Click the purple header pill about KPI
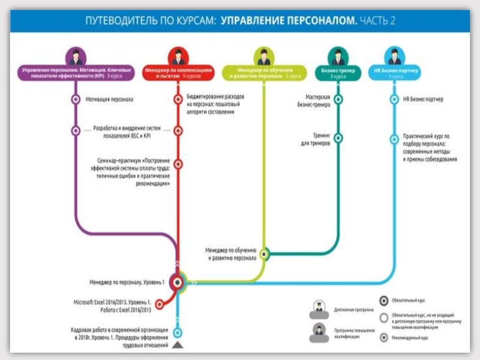[x=75, y=73]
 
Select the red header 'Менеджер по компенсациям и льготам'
[x=178, y=73]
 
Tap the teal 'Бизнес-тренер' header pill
[x=338, y=73]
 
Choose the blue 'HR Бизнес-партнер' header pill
[x=395, y=73]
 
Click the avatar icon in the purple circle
[x=76, y=56]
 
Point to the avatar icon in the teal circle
[x=338, y=56]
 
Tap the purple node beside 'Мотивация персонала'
[x=75, y=100]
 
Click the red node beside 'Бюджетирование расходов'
[x=178, y=100]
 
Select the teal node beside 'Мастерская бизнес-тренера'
[x=338, y=100]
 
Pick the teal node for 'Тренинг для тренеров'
[x=338, y=138]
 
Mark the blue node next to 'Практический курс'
[x=395, y=139]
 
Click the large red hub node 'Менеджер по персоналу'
[x=178, y=281]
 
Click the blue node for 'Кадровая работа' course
[x=178, y=332]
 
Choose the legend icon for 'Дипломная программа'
[x=318, y=310]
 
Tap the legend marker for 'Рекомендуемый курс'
[x=384, y=338]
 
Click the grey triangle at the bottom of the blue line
[x=178, y=346]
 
